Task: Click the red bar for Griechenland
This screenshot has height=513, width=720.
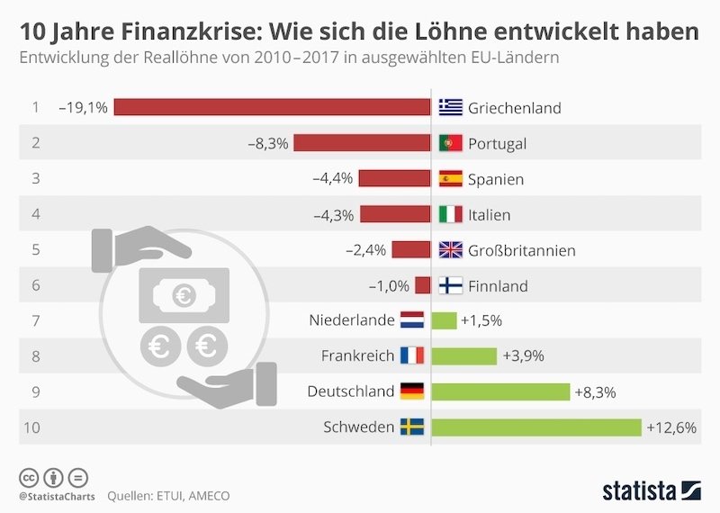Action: (272, 107)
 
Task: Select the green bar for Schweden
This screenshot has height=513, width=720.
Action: (536, 427)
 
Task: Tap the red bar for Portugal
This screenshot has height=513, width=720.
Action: (362, 143)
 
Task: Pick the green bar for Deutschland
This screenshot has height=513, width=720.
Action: (500, 391)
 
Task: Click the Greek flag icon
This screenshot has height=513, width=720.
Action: (450, 108)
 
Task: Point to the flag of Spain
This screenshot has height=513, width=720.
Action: (450, 179)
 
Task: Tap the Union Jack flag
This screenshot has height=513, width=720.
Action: (450, 250)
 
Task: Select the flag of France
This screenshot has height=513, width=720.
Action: (411, 355)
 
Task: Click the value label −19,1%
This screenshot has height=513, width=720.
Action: (83, 108)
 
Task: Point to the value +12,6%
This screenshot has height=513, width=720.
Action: (671, 427)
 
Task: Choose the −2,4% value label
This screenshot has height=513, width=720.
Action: (366, 250)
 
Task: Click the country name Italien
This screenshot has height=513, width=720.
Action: (489, 214)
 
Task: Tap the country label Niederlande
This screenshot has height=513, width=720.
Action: (352, 320)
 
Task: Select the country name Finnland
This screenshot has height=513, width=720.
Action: (498, 286)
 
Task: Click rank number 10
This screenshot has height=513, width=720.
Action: (32, 427)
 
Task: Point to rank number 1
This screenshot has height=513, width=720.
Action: (35, 108)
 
